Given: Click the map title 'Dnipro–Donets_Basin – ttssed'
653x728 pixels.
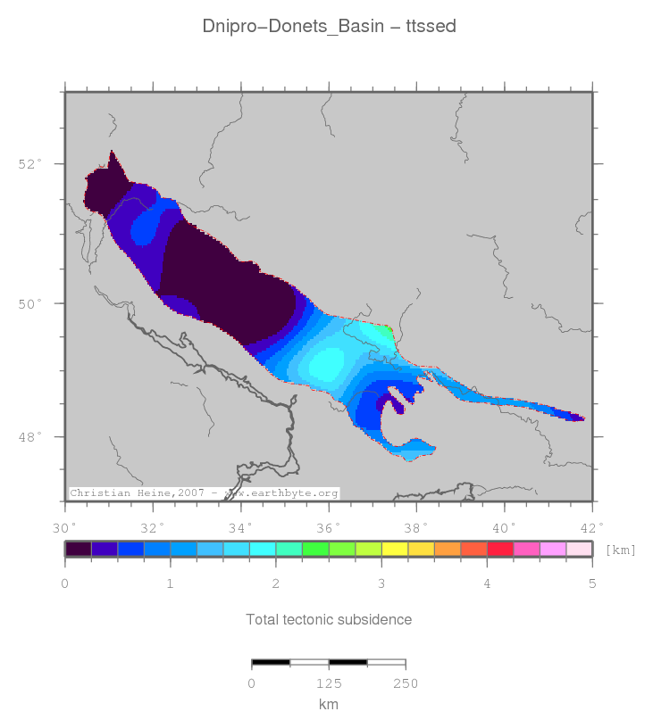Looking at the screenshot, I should point(330,27).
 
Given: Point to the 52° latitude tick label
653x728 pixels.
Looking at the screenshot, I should point(29,164).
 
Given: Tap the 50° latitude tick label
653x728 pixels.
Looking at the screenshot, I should point(29,303).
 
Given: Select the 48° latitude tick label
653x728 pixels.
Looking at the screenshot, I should point(29,437).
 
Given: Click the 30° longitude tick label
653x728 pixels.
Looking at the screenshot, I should point(64,526).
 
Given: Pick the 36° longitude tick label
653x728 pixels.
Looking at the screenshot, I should point(329,526).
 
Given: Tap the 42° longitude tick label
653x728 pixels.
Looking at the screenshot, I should point(592,526).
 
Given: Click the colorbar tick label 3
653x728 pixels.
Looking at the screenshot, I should point(381,583).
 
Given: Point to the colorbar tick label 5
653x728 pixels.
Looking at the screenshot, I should point(592,583).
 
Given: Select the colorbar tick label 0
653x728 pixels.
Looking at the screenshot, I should point(65,583).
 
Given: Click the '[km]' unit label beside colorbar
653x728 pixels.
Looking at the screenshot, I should point(621,550).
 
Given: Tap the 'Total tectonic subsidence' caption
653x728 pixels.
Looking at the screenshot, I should point(329,619).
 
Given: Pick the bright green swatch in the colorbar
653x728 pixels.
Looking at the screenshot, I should point(315,550).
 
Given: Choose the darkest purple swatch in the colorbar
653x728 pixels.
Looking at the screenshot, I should point(79,550).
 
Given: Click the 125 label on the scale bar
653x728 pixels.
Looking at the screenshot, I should point(329,683).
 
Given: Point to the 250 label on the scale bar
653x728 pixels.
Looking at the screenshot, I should point(406,683).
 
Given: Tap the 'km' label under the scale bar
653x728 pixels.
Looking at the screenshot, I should point(329,705).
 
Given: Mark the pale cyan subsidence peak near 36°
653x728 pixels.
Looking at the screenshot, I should point(326,364).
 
